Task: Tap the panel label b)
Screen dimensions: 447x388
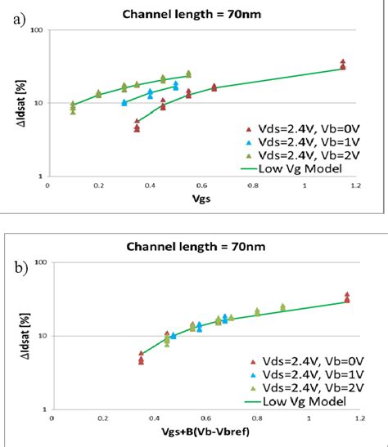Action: coord(18,266)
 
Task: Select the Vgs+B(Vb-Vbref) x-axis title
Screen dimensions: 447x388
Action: coord(198,432)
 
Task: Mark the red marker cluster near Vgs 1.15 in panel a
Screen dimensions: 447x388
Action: coord(343,65)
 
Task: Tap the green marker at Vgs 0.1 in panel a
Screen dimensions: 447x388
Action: coord(73,107)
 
